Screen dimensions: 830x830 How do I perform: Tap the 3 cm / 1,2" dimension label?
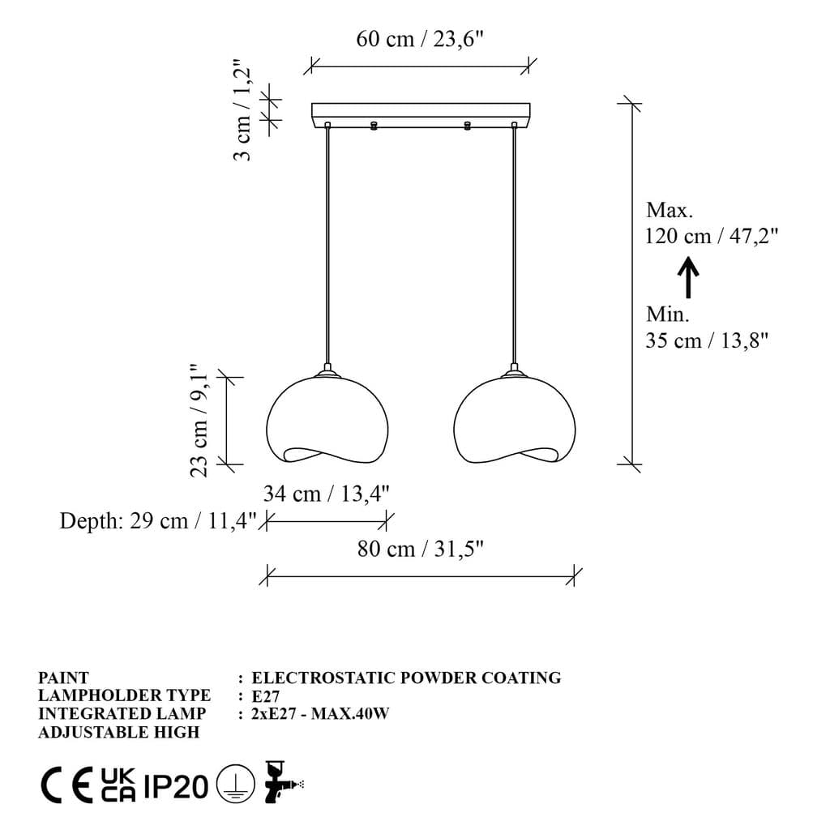point(242,109)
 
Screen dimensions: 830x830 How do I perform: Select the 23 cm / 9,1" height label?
point(199,421)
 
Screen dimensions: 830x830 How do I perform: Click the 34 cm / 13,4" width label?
point(327,494)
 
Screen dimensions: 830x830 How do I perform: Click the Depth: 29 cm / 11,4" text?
point(158,520)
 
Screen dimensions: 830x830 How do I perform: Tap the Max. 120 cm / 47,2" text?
point(712,223)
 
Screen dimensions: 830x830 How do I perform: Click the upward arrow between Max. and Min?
point(687,277)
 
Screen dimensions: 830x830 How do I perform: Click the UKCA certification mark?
point(118,785)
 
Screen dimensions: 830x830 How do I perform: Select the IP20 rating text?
point(176,785)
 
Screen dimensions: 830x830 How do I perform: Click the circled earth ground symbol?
point(236,785)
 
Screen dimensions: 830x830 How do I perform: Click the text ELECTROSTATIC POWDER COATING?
point(406,678)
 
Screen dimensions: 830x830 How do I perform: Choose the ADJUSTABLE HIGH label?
point(118,732)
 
